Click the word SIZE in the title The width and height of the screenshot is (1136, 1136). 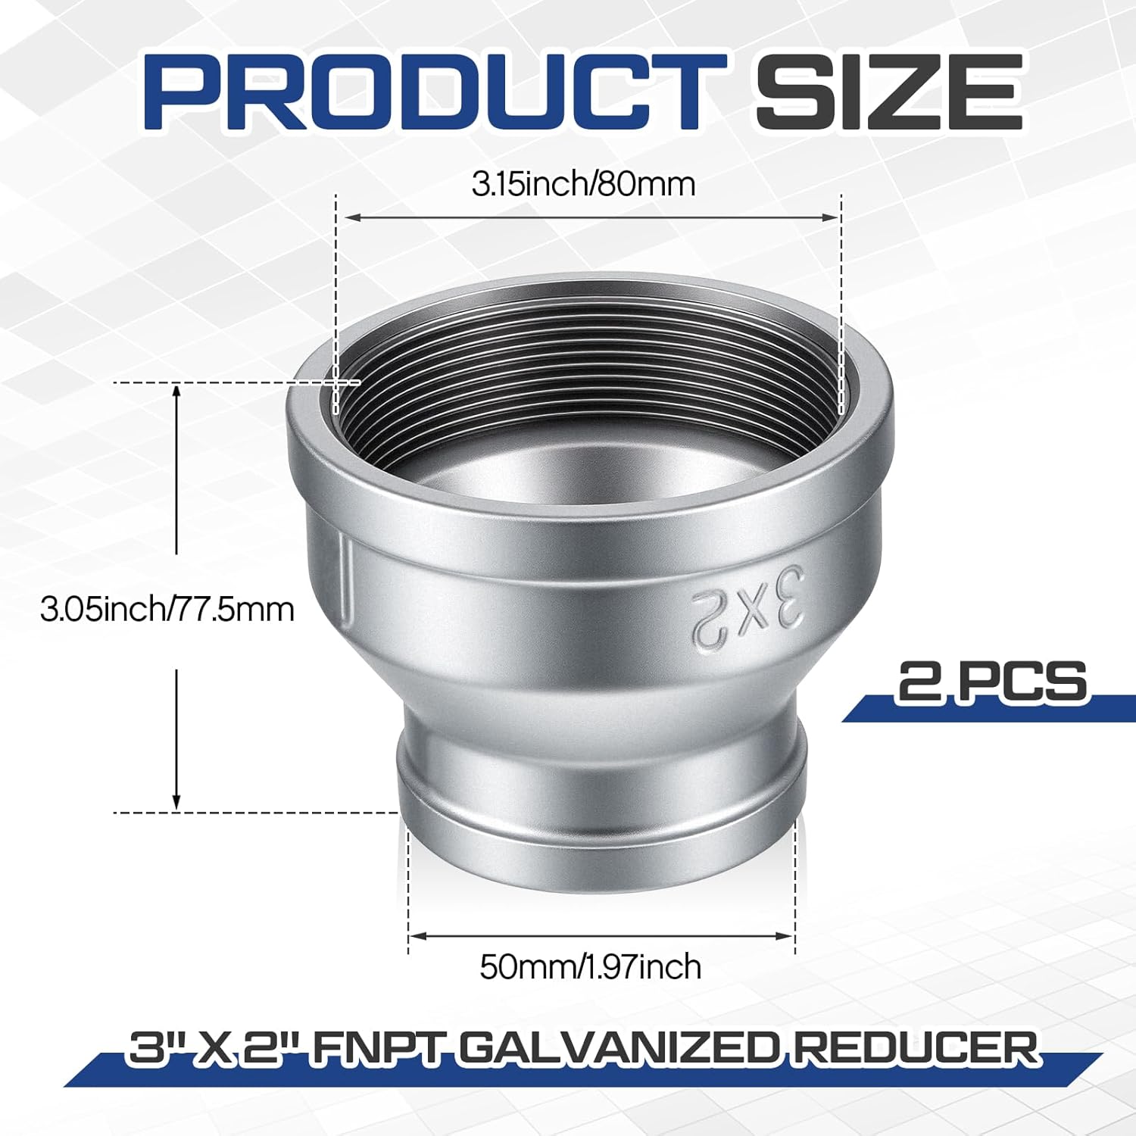point(888,92)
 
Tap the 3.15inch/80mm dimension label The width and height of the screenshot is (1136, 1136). point(583,184)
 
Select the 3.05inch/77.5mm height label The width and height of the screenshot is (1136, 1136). point(167,610)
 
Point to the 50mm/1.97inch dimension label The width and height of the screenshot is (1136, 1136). point(591,967)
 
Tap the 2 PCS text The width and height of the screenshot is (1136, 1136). point(992,681)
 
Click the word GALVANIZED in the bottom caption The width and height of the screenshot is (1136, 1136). point(619,1049)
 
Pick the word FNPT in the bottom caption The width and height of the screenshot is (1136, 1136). point(376,1049)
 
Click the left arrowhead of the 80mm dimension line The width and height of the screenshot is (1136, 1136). point(351,218)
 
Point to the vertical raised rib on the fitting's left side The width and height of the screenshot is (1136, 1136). point(345,579)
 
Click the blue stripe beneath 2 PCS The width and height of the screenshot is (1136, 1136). point(985,710)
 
